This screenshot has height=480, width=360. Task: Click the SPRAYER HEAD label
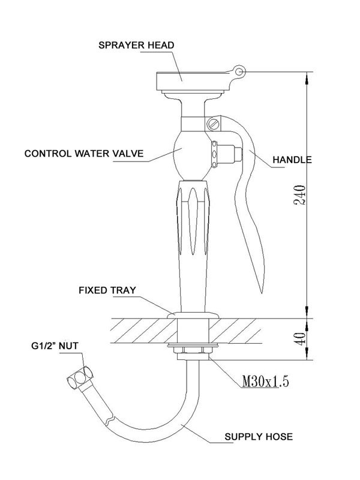click(x=136, y=45)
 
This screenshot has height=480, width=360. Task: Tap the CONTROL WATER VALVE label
click(x=84, y=154)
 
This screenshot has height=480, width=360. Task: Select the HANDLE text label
click(x=292, y=160)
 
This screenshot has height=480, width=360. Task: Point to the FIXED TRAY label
click(x=107, y=290)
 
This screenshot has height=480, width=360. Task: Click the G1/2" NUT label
click(x=55, y=346)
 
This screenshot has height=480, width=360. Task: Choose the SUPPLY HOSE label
click(x=259, y=437)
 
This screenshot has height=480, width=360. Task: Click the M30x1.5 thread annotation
click(x=265, y=382)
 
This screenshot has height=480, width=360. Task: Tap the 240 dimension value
click(x=299, y=195)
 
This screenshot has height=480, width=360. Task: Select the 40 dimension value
click(x=301, y=339)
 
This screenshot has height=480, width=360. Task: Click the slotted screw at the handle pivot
click(x=214, y=124)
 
